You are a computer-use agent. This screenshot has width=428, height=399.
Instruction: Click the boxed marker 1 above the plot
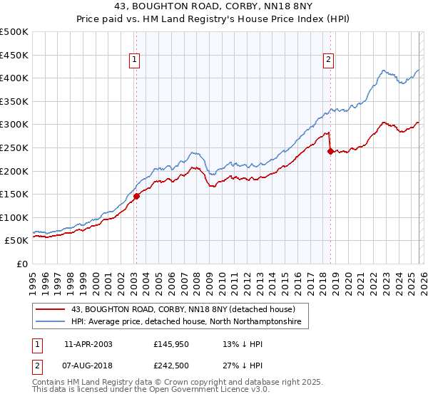point(136,61)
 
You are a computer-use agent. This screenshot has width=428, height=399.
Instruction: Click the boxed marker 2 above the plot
point(329,61)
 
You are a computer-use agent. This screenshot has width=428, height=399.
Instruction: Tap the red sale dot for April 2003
point(136,197)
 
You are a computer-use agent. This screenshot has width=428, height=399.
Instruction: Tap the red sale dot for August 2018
point(330,151)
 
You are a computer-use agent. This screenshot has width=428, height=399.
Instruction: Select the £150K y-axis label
point(14,194)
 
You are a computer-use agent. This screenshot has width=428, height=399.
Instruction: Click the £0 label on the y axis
point(21,264)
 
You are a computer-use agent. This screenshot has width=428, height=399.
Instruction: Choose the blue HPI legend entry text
point(186,322)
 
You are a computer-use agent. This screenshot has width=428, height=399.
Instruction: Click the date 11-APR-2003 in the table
point(88,344)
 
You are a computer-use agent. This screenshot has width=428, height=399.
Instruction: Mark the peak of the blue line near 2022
point(383,71)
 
